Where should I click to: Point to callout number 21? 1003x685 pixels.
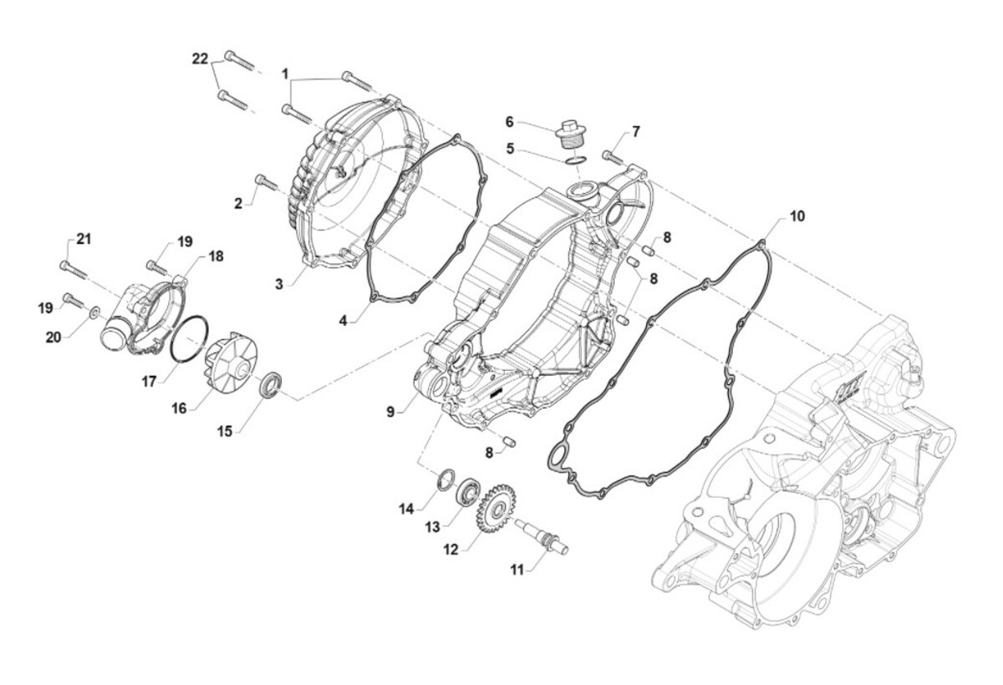coord(83,239)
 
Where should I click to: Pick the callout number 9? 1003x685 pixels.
coord(390,411)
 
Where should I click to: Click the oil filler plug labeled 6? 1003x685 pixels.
coord(571,134)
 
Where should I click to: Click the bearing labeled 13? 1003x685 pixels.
coord(466,491)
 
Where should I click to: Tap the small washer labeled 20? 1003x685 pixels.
coord(94,312)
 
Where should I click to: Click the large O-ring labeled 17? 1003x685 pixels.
coord(190,338)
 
